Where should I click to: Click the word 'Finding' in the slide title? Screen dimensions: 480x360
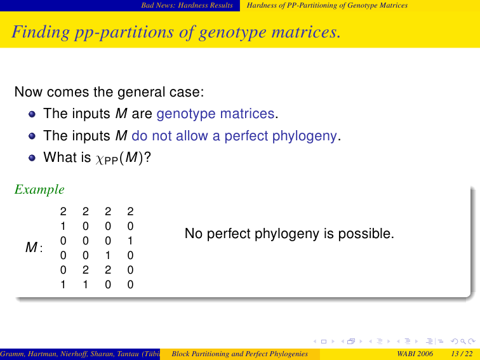[x=41, y=32]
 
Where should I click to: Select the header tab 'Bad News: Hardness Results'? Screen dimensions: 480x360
[x=187, y=6]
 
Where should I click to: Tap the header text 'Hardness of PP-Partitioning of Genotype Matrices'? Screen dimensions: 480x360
[x=327, y=6]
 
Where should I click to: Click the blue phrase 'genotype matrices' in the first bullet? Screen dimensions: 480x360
[x=215, y=114]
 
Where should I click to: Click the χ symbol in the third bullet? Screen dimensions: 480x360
[x=100, y=159]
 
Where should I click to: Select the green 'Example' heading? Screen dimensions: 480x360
[x=39, y=189]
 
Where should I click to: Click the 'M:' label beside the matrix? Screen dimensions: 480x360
[x=34, y=248]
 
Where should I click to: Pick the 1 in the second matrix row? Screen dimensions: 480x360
[x=63, y=226]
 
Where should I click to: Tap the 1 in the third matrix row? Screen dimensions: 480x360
[x=130, y=241]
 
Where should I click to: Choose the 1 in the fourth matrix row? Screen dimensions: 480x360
[x=108, y=255]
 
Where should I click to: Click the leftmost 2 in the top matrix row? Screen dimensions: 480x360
[x=63, y=211]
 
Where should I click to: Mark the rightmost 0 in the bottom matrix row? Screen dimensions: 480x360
[x=130, y=284]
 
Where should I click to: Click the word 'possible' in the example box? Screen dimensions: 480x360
[x=366, y=234]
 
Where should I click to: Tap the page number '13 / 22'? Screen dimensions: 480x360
[x=462, y=354]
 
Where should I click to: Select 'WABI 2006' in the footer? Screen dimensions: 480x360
[x=415, y=354]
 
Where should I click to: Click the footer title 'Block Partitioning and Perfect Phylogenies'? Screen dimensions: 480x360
[x=240, y=354]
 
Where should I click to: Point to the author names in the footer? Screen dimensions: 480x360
[x=80, y=354]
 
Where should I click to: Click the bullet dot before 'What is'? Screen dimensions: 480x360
[x=32, y=157]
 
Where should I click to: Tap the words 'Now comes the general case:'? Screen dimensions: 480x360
[x=109, y=92]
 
